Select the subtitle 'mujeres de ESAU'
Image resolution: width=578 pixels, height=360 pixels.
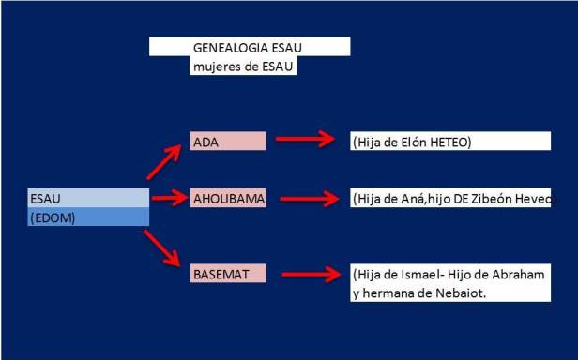pyautogui.click(x=242, y=66)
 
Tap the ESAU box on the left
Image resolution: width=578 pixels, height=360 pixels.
pyautogui.click(x=88, y=198)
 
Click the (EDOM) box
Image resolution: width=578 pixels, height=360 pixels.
pyautogui.click(x=88, y=217)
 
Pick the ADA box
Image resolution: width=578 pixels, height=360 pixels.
pyautogui.click(x=228, y=141)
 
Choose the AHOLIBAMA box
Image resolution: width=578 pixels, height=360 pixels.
pyautogui.click(x=228, y=199)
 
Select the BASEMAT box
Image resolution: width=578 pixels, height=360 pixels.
pyautogui.click(x=228, y=273)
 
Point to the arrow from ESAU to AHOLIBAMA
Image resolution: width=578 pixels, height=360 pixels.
pyautogui.click(x=170, y=198)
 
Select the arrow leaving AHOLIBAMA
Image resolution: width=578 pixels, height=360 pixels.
pyautogui.click(x=306, y=199)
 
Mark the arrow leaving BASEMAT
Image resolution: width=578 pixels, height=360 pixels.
pyautogui.click(x=306, y=275)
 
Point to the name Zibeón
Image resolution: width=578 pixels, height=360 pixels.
pyautogui.click(x=494, y=200)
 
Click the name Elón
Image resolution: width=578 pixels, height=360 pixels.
pyautogui.click(x=407, y=142)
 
